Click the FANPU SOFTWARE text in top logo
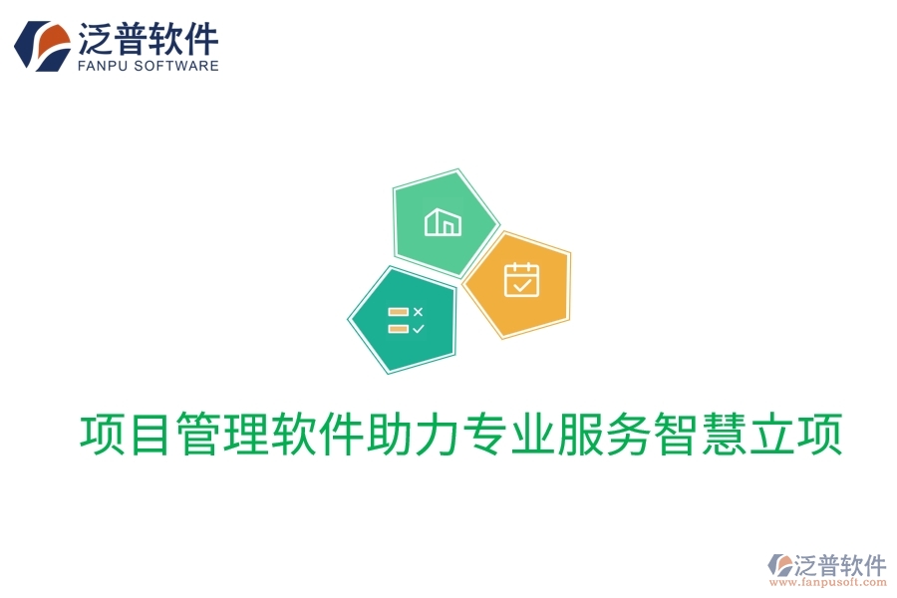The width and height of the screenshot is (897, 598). pyautogui.click(x=148, y=66)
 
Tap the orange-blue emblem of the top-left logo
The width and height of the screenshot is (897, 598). pyautogui.click(x=42, y=46)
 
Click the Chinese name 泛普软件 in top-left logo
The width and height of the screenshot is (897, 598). pyautogui.click(x=148, y=38)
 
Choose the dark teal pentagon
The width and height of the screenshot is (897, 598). pyautogui.click(x=402, y=320)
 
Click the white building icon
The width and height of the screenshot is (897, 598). pyautogui.click(x=443, y=222)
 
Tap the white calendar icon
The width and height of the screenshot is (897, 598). pyautogui.click(x=520, y=280)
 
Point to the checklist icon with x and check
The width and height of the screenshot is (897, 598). pyautogui.click(x=405, y=320)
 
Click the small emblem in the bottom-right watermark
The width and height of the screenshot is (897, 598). pyautogui.click(x=778, y=566)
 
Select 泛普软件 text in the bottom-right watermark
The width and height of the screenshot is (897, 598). pyautogui.click(x=839, y=564)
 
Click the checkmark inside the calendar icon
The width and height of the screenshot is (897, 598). pyautogui.click(x=520, y=285)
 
